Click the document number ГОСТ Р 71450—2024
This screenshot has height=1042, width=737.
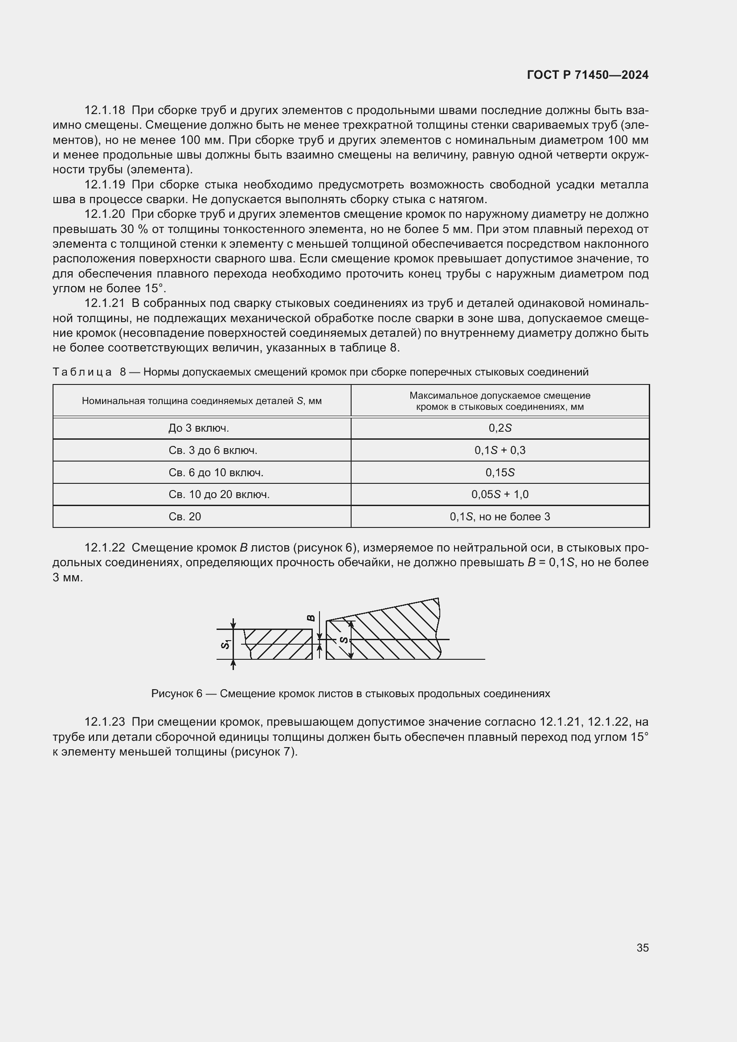[x=588, y=75]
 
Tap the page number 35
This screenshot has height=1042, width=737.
[x=642, y=948]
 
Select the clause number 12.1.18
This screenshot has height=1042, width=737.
[x=104, y=110]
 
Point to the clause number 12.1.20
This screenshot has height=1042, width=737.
[x=104, y=214]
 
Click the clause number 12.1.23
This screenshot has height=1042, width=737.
[x=104, y=722]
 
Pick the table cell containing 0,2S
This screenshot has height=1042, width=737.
[x=500, y=428]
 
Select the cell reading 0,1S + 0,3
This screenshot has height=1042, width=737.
[x=500, y=450]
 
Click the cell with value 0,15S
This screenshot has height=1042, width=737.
[x=500, y=472]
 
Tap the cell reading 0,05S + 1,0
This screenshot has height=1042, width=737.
[x=500, y=494]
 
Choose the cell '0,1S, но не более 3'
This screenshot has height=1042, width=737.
[x=500, y=516]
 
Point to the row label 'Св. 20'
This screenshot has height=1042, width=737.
[x=184, y=516]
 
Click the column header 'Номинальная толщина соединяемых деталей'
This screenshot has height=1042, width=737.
[x=201, y=401]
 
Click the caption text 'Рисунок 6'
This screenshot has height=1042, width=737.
[x=176, y=694]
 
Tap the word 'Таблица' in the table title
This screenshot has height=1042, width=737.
[x=82, y=372]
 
